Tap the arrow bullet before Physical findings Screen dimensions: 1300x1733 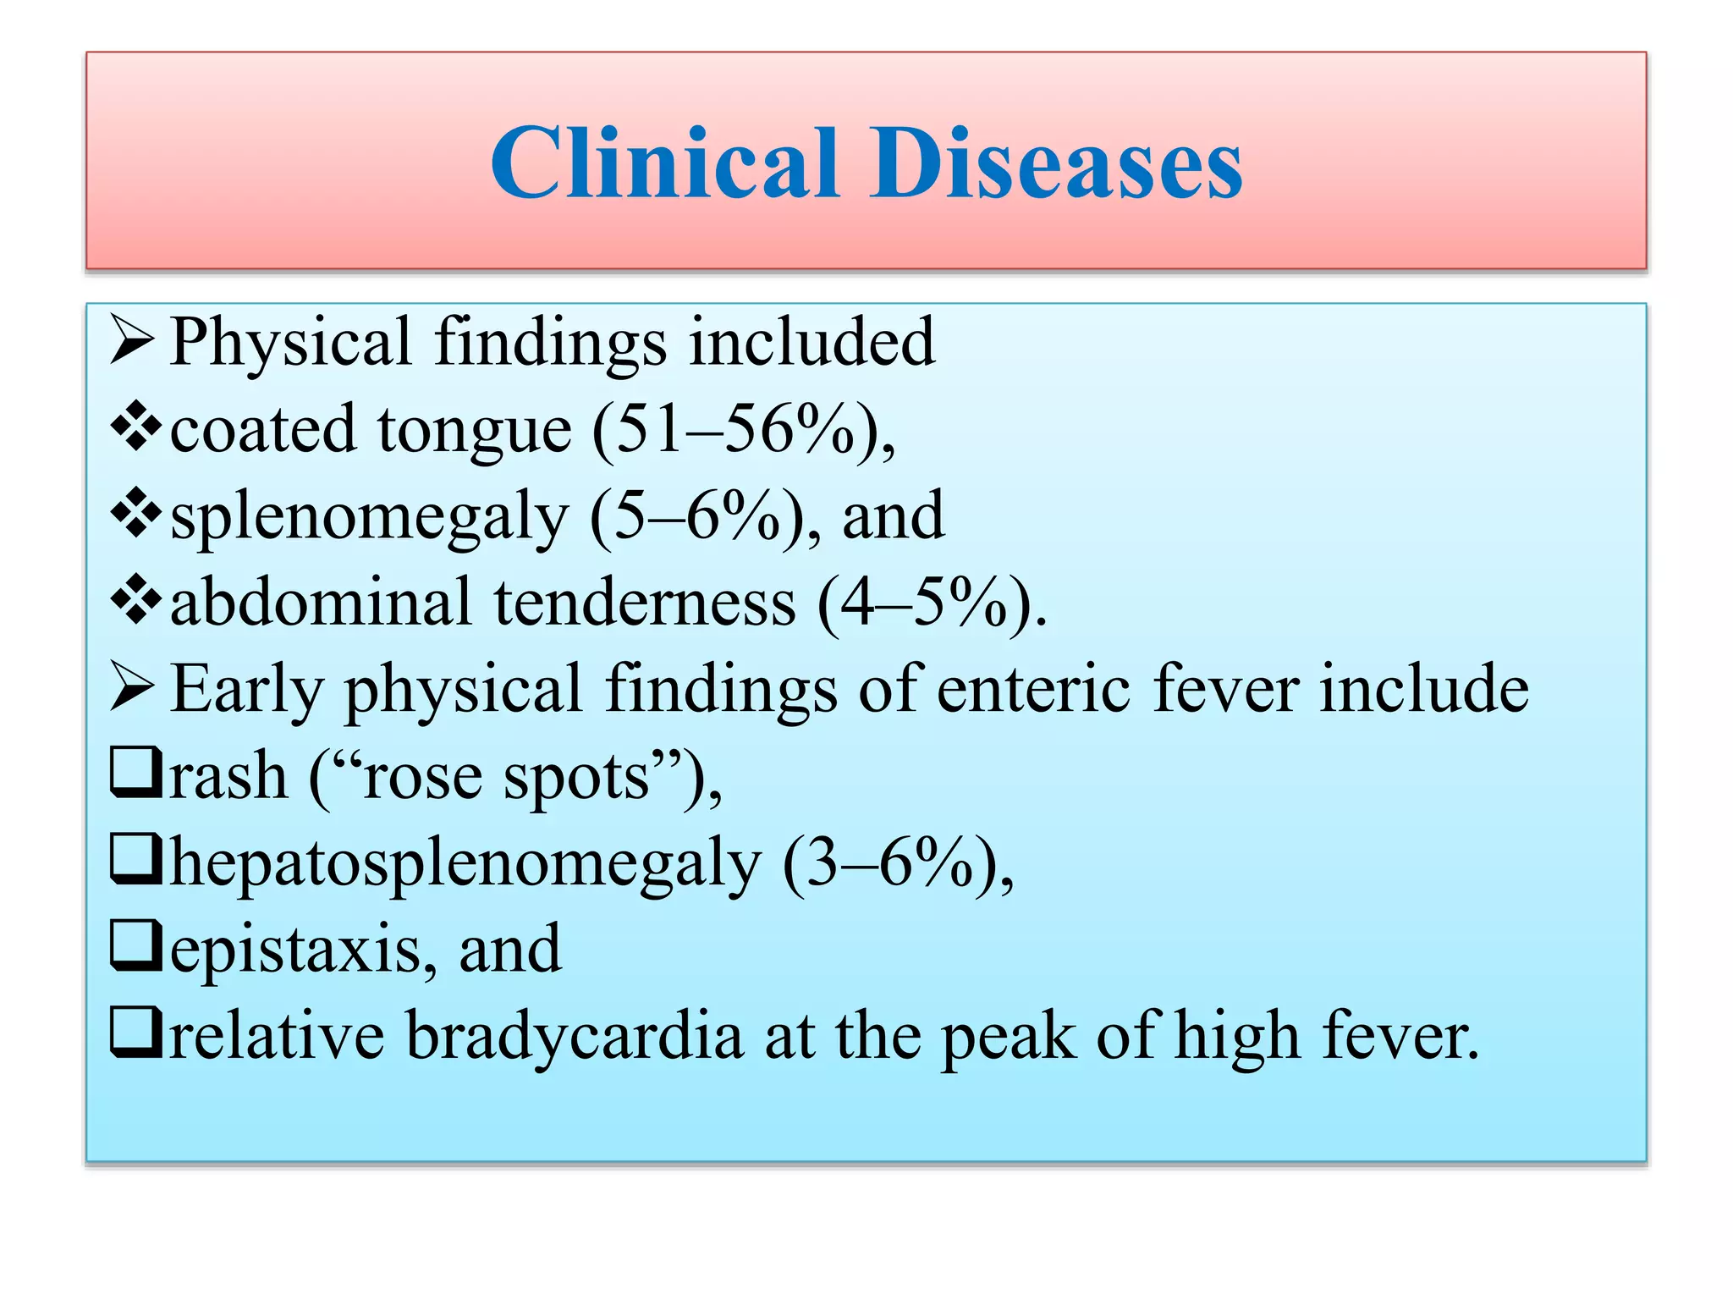coord(132,342)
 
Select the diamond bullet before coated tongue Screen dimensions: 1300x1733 coord(135,428)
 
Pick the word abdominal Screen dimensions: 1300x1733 coord(321,602)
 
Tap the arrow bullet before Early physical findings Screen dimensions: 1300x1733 coord(132,688)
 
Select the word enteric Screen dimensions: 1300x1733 coord(1033,688)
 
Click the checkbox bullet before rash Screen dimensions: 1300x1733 coord(135,774)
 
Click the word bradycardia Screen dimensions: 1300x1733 coord(575,1036)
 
